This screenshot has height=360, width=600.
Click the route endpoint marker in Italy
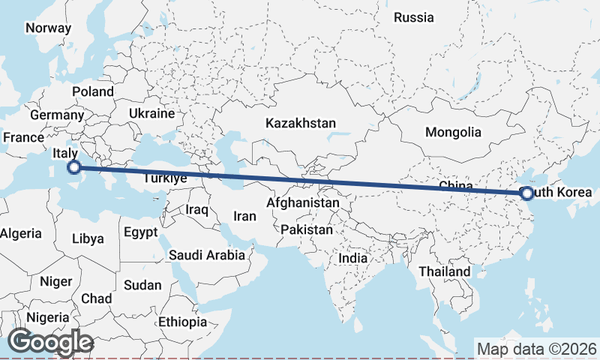click(x=73, y=167)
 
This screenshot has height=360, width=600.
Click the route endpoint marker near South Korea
click(x=526, y=193)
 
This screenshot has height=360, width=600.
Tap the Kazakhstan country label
click(x=300, y=123)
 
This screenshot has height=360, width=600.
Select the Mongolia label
click(x=453, y=133)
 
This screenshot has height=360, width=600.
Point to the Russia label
click(x=413, y=17)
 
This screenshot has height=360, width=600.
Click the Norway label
click(x=48, y=28)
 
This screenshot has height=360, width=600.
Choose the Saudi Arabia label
click(x=206, y=255)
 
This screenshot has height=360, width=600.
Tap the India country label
click(x=352, y=258)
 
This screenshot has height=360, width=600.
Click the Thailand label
click(x=445, y=271)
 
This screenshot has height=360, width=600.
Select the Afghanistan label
click(x=303, y=203)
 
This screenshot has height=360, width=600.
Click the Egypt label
click(x=141, y=232)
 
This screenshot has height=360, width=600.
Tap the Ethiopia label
click(x=182, y=322)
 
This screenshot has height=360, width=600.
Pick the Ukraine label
click(x=151, y=113)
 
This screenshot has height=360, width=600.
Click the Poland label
click(x=93, y=92)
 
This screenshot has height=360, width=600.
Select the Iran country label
click(x=244, y=216)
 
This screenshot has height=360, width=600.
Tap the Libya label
click(x=88, y=239)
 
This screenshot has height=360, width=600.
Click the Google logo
click(x=50, y=342)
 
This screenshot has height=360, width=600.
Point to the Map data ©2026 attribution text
click(x=536, y=349)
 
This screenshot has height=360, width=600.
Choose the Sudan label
click(x=142, y=285)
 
